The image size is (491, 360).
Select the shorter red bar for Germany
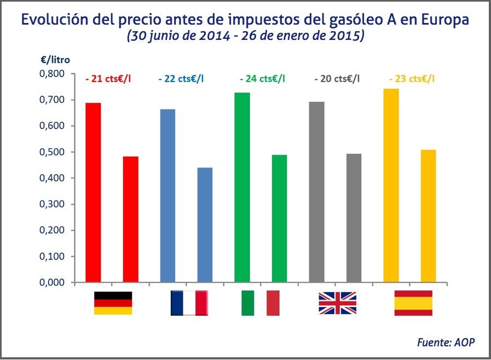(130, 219)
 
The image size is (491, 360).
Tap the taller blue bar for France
(167, 196)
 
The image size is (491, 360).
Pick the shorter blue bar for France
(205, 225)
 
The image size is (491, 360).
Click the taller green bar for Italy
(242, 188)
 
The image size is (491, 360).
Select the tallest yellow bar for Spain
(391, 185)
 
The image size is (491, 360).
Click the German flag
(113, 303)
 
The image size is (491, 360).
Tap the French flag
(189, 303)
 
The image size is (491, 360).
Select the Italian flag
(261, 303)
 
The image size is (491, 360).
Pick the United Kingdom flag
(337, 303)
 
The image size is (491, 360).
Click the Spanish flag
(413, 303)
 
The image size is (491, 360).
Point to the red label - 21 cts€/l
(108, 79)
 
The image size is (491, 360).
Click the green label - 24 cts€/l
(262, 79)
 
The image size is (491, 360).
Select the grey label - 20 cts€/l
(337, 79)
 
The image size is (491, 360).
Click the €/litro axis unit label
(55, 60)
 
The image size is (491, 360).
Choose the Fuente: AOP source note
(446, 342)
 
